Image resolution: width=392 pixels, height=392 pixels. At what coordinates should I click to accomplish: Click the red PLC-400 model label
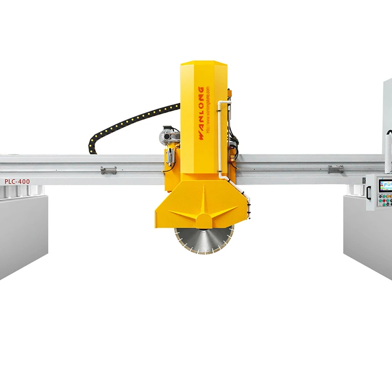tap(17, 181)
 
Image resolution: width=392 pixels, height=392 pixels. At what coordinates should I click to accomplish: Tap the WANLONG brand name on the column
tap(201, 113)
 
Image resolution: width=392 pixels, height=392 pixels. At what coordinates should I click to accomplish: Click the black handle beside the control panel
tap(368, 192)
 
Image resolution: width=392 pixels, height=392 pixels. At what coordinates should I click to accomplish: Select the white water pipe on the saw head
tap(221, 142)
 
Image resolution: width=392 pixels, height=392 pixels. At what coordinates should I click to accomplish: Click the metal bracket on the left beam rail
tap(108, 170)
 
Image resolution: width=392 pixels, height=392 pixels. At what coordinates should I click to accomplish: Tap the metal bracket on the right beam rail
tap(336, 169)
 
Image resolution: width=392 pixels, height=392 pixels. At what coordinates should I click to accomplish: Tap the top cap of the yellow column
tap(203, 66)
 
